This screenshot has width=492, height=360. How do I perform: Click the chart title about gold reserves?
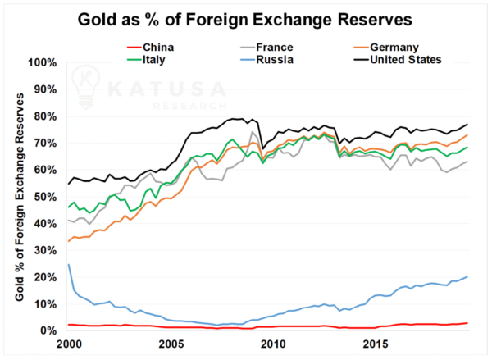tap(246, 17)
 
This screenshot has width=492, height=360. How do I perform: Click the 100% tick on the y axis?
tap(43, 63)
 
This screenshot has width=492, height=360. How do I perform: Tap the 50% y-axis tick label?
tap(45, 197)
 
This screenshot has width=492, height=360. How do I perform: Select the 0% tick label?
tap(48, 330)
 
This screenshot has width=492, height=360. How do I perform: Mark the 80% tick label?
tap(45, 116)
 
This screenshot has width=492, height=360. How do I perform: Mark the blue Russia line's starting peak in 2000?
tap(68, 264)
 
